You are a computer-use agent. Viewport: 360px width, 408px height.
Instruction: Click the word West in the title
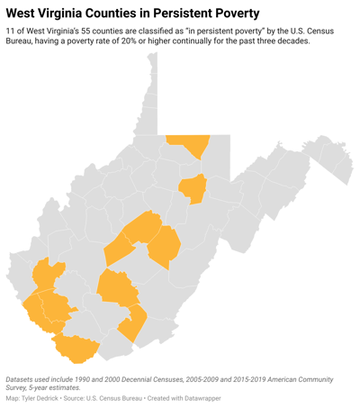click(23, 14)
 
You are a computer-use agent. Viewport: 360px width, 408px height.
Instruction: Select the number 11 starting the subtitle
click(10, 32)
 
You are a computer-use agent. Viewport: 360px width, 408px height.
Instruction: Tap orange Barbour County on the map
click(193, 187)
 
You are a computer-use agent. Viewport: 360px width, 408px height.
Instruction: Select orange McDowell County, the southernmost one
click(75, 347)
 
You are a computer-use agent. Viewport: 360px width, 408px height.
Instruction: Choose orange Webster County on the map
click(165, 248)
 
